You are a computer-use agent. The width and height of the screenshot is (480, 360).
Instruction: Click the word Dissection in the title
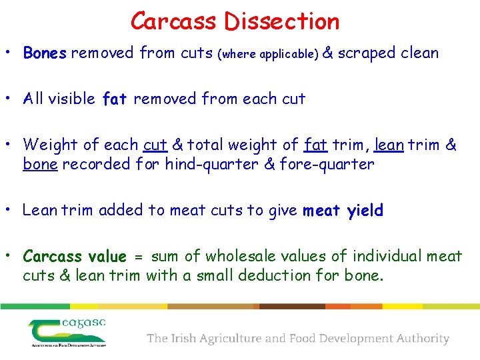281,21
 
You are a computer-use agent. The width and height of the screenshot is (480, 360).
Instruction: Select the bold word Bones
45,53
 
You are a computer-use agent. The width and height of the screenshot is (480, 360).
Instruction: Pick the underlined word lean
389,145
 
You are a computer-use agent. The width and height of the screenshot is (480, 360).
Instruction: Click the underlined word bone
40,164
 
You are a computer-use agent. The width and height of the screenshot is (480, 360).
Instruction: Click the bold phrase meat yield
343,211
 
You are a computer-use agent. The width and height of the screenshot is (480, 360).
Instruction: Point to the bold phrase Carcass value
74,257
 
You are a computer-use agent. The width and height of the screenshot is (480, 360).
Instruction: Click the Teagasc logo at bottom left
67,331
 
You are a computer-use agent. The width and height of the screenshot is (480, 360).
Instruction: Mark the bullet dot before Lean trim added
13,211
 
